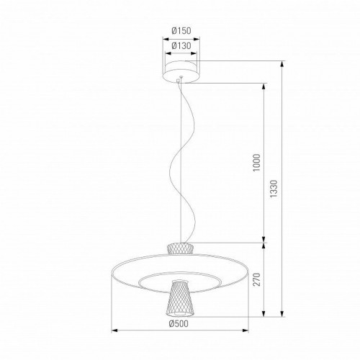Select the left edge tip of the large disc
click(114, 271)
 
